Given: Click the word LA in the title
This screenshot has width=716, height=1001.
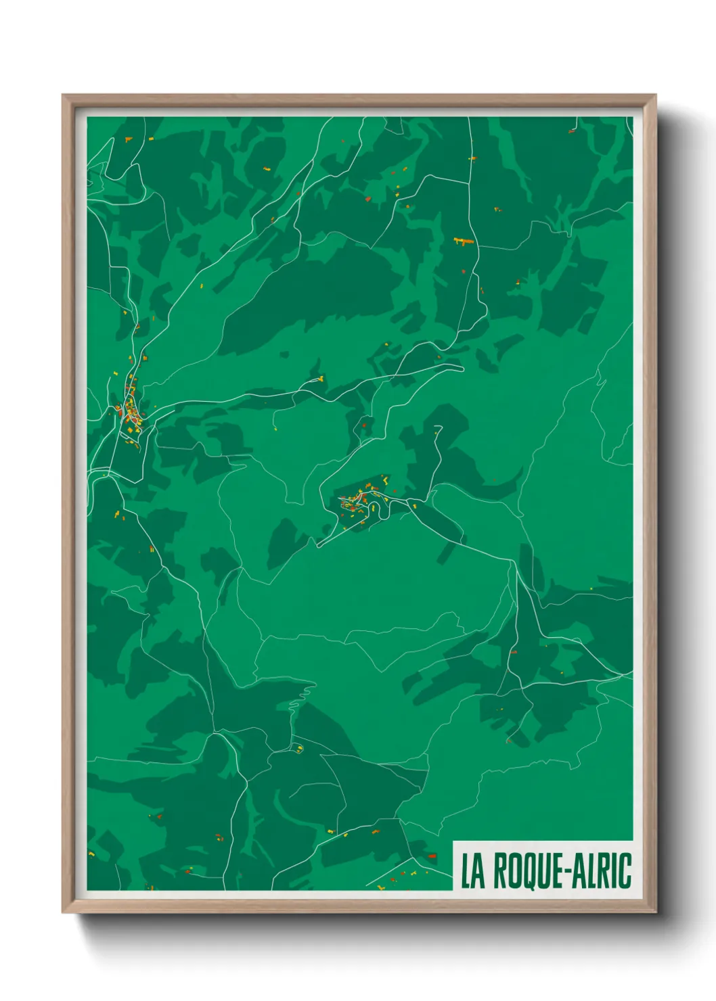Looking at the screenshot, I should [x=474, y=871].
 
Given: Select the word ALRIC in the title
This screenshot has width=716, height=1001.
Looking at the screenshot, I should [x=602, y=871].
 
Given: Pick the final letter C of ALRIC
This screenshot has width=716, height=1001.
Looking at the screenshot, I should [x=626, y=871].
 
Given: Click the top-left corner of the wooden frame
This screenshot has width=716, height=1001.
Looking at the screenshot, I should [x=63, y=95].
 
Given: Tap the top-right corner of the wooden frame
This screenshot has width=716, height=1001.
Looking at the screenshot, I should [x=655, y=95].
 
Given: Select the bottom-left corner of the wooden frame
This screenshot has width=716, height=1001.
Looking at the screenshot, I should [x=63, y=912].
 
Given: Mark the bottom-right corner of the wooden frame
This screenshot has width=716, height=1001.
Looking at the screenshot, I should [x=655, y=912].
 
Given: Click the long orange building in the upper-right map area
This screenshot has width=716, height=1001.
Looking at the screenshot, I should [x=463, y=240].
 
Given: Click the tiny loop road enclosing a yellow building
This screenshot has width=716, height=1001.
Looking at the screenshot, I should [x=298, y=747].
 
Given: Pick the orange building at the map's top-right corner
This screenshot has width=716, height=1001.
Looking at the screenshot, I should [x=572, y=131].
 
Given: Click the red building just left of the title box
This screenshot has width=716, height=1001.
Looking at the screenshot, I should [x=432, y=856].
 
